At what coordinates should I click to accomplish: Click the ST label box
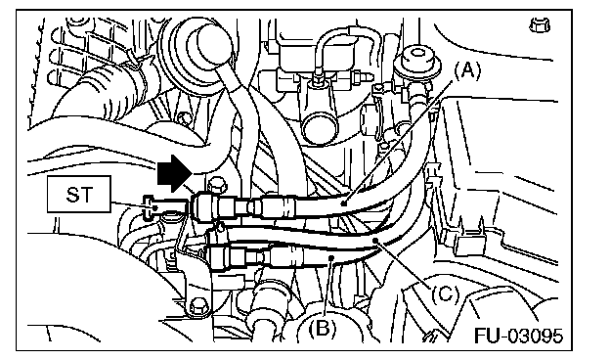79,195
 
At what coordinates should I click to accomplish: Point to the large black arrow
174,173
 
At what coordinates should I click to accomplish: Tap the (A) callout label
467,71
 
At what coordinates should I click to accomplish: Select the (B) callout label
322,330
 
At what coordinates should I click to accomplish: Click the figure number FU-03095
518,336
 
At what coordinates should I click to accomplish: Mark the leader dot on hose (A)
344,202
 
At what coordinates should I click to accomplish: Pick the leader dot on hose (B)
331,257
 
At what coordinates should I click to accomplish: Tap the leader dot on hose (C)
375,241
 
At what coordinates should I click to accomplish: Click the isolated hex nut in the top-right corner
540,25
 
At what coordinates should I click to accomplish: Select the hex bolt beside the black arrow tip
217,185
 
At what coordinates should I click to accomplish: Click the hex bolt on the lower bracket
198,305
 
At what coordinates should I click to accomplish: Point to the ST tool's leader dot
154,208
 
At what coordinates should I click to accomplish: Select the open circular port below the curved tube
322,125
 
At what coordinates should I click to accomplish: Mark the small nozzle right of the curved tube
357,77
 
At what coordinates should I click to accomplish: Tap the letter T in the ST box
88,195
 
